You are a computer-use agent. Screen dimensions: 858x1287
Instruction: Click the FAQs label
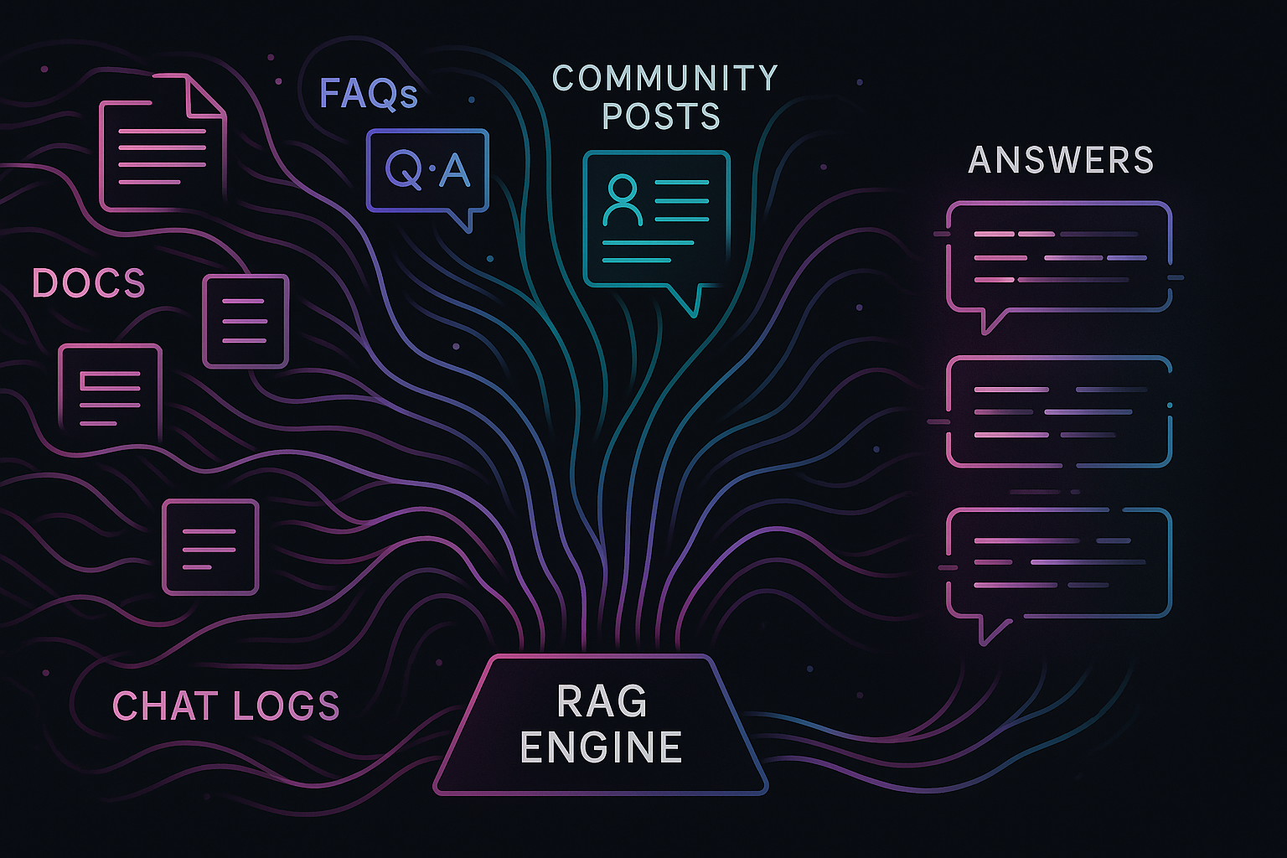(x=368, y=94)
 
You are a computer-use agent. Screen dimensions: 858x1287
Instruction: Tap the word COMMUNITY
(x=665, y=79)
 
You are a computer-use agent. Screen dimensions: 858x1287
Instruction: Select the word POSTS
(x=661, y=116)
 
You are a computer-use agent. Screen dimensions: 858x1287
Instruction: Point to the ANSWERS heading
(x=1061, y=160)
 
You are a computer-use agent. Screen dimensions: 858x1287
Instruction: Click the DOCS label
(x=89, y=284)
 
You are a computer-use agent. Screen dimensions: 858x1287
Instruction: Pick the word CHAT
(x=165, y=706)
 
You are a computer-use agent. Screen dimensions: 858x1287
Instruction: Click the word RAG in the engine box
(x=602, y=702)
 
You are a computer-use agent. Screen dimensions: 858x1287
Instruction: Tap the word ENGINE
(x=601, y=747)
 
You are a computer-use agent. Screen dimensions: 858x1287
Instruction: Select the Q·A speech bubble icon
(x=427, y=172)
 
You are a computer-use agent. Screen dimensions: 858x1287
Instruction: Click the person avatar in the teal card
(x=622, y=199)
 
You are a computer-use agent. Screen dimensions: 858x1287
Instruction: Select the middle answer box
(x=1058, y=411)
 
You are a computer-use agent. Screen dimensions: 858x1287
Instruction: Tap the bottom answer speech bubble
(x=1058, y=564)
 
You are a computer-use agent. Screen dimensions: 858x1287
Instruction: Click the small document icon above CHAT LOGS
(x=210, y=546)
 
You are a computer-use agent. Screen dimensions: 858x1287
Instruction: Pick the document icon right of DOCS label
(x=246, y=321)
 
